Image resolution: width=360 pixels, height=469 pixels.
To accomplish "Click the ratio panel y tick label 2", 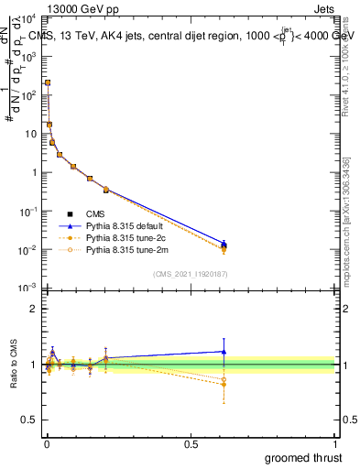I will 34,309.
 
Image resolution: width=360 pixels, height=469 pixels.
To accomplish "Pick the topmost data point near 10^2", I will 48,82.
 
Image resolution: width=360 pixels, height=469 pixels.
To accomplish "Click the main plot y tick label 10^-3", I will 28,289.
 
